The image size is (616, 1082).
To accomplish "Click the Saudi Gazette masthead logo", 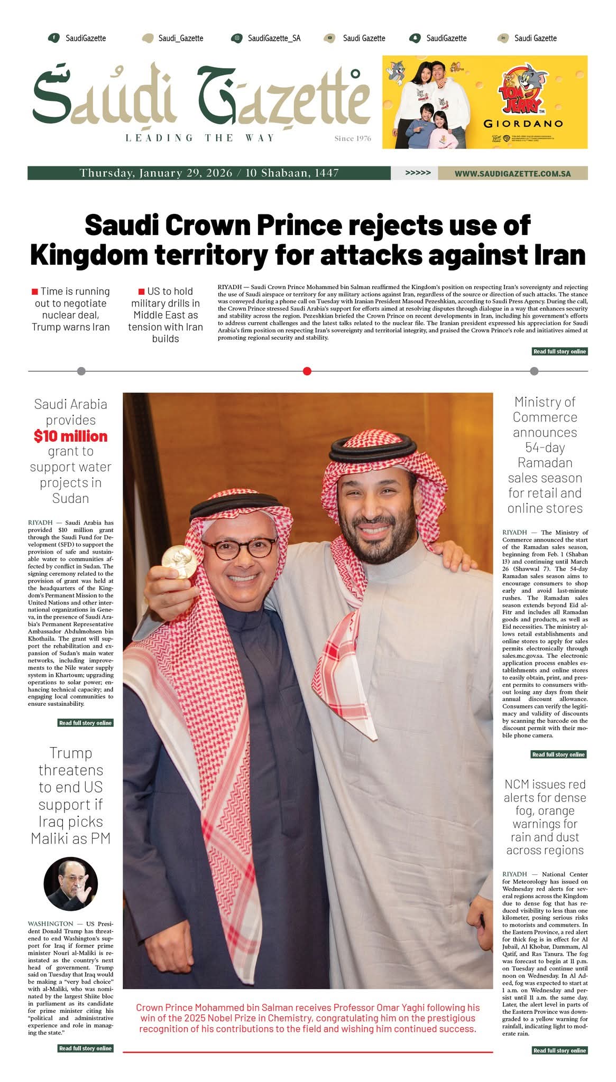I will click(201, 98).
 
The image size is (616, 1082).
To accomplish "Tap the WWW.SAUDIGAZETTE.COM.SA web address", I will click(512, 173).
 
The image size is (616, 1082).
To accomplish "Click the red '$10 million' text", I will click(70, 436).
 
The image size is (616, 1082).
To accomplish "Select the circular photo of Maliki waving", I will click(70, 884).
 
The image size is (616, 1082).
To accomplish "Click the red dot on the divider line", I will click(307, 371).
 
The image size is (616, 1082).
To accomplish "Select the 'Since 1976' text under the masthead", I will click(353, 138).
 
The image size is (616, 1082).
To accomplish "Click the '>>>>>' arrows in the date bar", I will click(418, 173).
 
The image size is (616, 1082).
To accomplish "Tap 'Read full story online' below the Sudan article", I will click(85, 723).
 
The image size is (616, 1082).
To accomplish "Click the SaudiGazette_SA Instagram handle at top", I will click(274, 38).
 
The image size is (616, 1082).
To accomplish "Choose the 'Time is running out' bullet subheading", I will click(70, 309).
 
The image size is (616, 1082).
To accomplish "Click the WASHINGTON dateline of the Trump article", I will click(51, 924).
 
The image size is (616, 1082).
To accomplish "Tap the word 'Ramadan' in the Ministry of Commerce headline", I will click(545, 462).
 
